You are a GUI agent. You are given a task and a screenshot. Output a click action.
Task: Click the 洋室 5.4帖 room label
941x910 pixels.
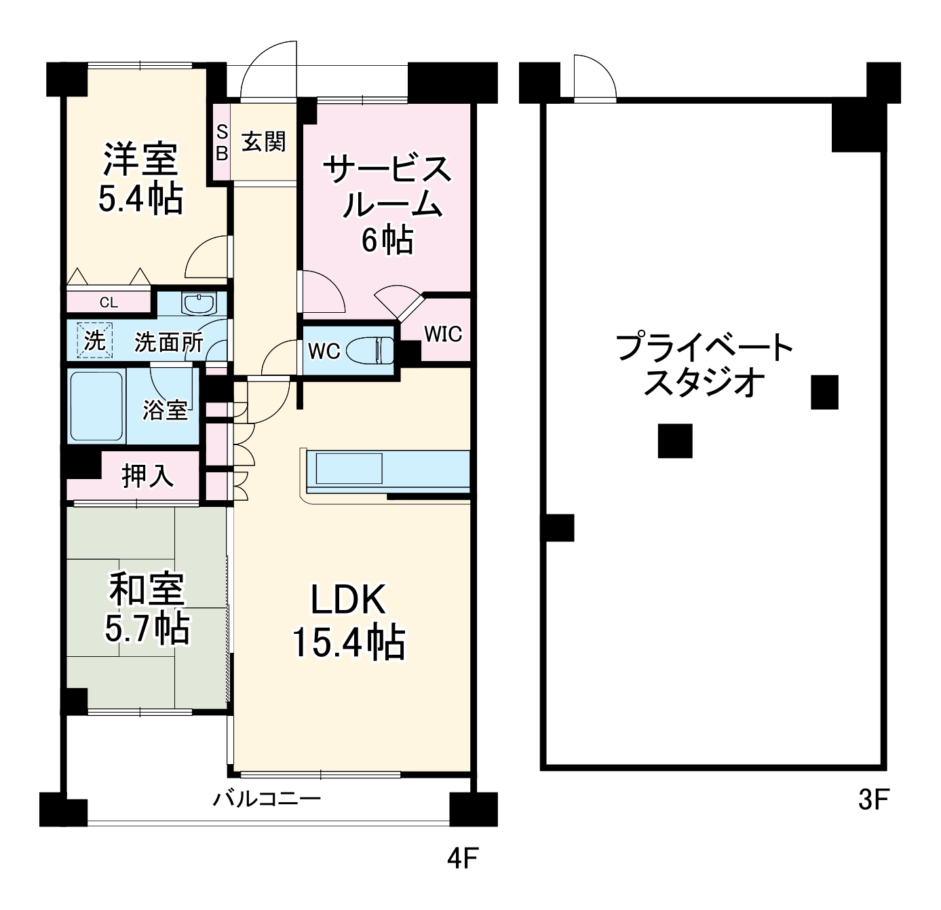[x=140, y=178]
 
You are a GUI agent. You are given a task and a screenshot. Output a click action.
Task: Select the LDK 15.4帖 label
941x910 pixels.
[x=348, y=621]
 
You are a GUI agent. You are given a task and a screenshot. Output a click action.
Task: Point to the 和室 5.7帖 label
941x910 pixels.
[x=147, y=608]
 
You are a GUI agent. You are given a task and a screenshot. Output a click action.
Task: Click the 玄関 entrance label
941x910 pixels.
[x=264, y=142]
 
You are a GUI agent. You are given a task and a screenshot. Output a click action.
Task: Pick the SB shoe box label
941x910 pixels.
[x=222, y=143]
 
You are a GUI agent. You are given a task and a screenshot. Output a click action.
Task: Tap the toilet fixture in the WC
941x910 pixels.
[x=370, y=351]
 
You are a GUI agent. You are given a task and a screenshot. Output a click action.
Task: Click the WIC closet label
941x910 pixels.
[x=443, y=334]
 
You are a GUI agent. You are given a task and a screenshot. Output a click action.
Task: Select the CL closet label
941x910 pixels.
[x=109, y=303]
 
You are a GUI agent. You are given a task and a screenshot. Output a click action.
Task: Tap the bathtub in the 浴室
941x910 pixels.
[x=97, y=406]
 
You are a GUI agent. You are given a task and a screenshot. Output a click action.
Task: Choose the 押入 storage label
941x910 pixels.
[x=147, y=476]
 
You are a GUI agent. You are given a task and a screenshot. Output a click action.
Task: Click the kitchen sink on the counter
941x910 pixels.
[x=349, y=468]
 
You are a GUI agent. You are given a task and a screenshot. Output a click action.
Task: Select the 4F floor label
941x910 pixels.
[x=463, y=859]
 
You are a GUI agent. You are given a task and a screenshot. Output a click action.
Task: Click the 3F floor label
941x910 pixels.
[x=873, y=801]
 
